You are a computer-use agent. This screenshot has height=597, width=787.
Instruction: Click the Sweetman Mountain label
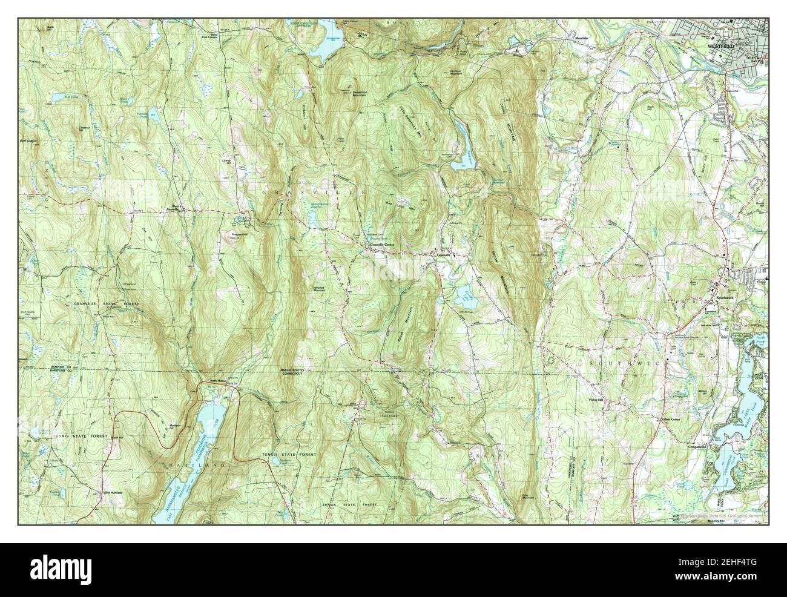coord(353,94)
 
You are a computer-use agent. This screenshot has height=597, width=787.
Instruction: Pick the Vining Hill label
coord(597,399)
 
